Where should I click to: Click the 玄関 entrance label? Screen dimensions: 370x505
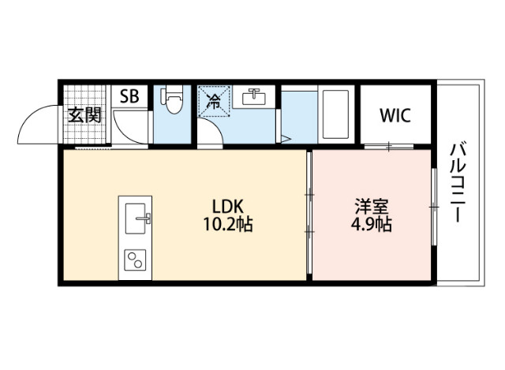click(84, 115)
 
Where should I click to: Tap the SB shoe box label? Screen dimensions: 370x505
click(129, 96)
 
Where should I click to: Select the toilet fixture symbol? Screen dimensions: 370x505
click(171, 101)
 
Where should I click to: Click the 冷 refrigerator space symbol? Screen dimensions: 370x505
click(212, 101)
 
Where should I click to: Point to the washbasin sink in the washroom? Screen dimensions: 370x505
click(255, 99)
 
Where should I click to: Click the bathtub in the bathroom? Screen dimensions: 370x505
click(337, 114)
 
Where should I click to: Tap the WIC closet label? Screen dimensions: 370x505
click(395, 115)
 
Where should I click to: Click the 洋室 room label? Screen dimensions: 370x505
click(370, 207)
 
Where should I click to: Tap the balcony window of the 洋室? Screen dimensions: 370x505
click(433, 207)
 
